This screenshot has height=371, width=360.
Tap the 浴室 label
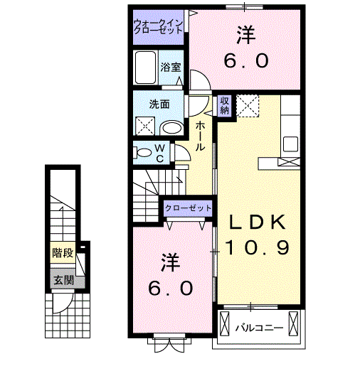[x=171, y=68]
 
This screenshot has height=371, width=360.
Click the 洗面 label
[x=159, y=104]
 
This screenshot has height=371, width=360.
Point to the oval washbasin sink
[x=170, y=127]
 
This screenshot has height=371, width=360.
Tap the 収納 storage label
[x=224, y=105]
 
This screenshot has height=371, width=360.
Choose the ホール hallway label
[x=201, y=134]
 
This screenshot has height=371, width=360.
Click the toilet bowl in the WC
[x=144, y=151]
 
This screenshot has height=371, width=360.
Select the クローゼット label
[x=189, y=208]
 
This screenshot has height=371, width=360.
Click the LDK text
[x=257, y=223]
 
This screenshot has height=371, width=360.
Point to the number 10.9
[x=257, y=247]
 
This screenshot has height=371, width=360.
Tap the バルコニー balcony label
[x=260, y=328]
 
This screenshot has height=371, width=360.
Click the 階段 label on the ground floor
[x=63, y=252]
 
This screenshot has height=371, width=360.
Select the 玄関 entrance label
[x=62, y=279]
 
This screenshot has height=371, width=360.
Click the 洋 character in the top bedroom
[x=246, y=33]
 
